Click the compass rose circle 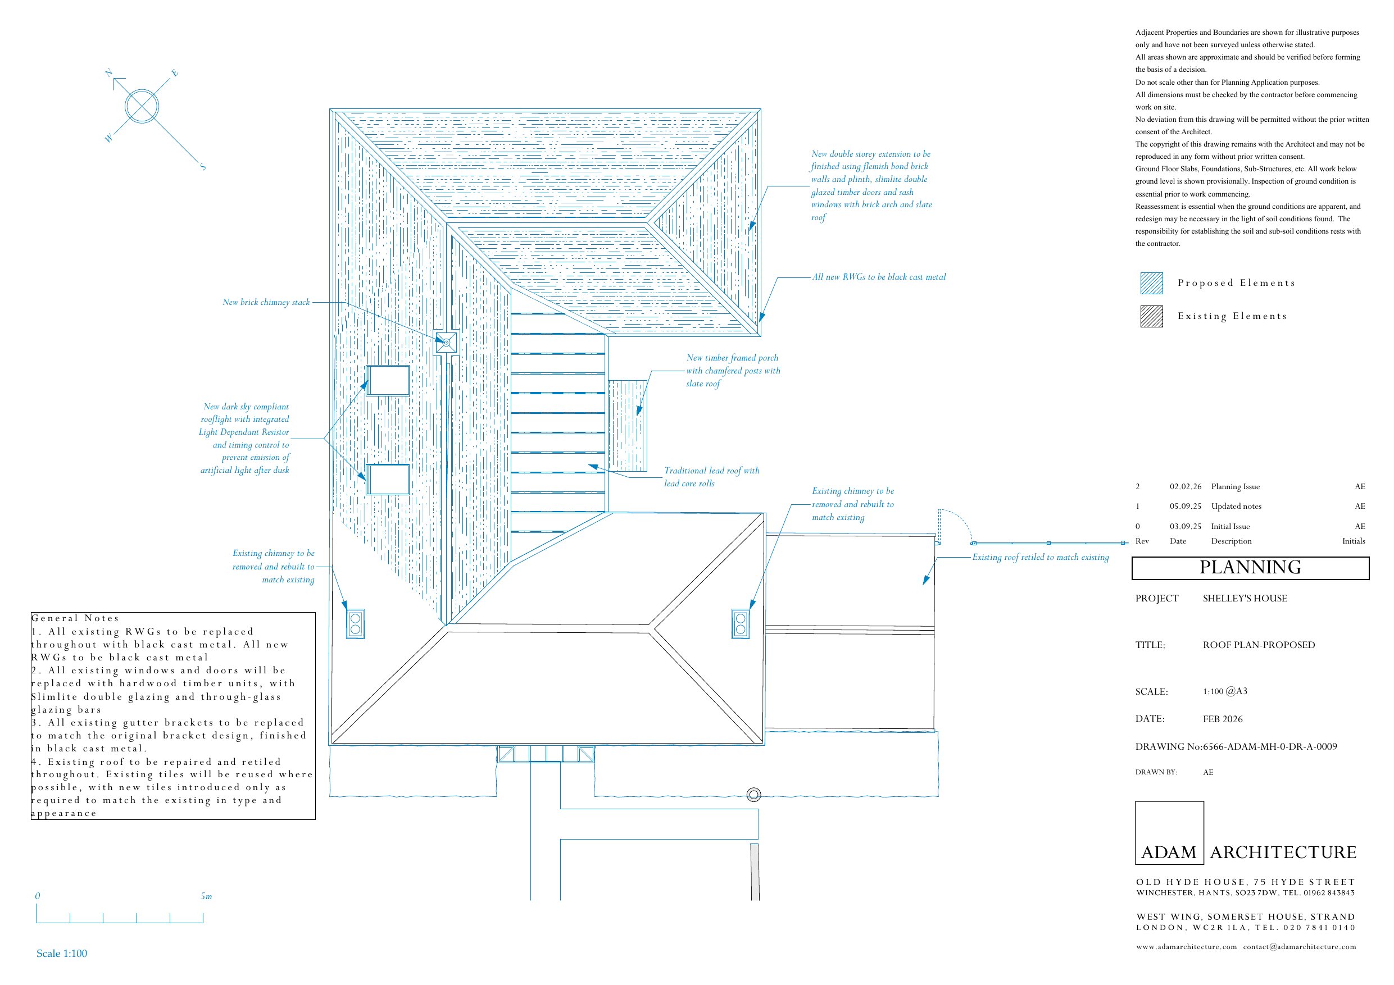pyautogui.click(x=142, y=106)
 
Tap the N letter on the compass pyautogui.click(x=108, y=74)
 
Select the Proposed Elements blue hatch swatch pyautogui.click(x=1151, y=284)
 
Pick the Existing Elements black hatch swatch pyautogui.click(x=1151, y=316)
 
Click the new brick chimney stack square pyautogui.click(x=446, y=343)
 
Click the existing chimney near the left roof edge pyautogui.click(x=355, y=624)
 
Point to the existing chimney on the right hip pyautogui.click(x=740, y=624)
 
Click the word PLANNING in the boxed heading pyautogui.click(x=1250, y=567)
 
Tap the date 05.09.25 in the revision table pyautogui.click(x=1185, y=506)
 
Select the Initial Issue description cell pyautogui.click(x=1230, y=527)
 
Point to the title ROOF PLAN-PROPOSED pyautogui.click(x=1259, y=645)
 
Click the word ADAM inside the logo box pyautogui.click(x=1169, y=852)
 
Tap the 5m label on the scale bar pyautogui.click(x=206, y=896)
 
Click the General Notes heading pyautogui.click(x=75, y=618)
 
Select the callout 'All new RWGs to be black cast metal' pyautogui.click(x=879, y=277)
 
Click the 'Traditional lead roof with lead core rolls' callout pyautogui.click(x=711, y=477)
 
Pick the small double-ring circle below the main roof pyautogui.click(x=753, y=795)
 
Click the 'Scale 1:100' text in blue pyautogui.click(x=62, y=954)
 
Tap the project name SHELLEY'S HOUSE pyautogui.click(x=1245, y=599)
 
